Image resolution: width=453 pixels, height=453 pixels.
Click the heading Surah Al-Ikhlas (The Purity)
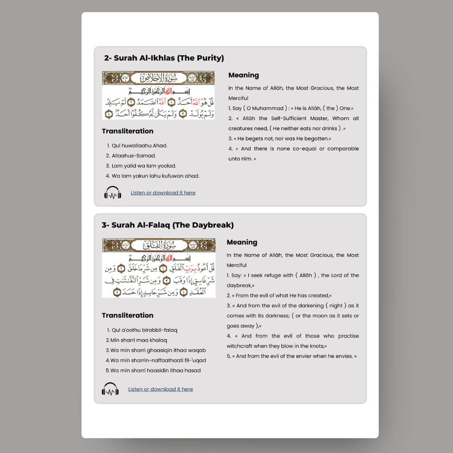click(164, 58)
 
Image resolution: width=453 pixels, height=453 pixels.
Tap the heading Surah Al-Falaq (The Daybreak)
click(167, 225)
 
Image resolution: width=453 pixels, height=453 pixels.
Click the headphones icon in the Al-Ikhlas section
click(113, 193)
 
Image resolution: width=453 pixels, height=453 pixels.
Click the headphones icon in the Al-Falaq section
click(110, 389)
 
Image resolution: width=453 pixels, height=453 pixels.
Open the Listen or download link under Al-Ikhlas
click(163, 193)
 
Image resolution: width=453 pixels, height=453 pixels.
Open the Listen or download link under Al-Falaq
click(161, 389)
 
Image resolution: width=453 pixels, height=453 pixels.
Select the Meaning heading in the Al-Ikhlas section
click(243, 75)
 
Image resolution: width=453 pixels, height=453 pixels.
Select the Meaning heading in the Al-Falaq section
click(242, 242)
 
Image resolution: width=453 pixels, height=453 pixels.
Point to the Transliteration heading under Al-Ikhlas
click(128, 131)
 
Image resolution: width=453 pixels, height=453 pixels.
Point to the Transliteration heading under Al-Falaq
click(128, 315)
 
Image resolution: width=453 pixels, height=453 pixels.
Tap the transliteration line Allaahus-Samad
click(134, 156)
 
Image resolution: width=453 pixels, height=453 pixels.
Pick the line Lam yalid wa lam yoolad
click(144, 166)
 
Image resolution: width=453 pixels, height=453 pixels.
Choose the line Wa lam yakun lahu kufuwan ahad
click(155, 176)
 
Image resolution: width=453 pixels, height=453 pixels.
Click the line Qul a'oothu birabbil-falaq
click(144, 330)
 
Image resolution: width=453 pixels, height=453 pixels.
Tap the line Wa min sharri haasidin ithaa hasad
click(155, 370)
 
